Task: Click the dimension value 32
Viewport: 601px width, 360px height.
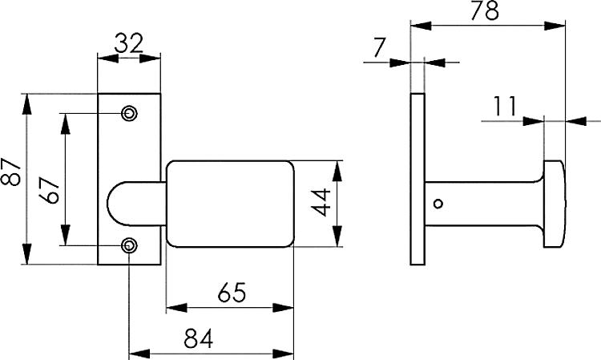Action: [x=129, y=43]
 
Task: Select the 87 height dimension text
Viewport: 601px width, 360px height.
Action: [x=10, y=172]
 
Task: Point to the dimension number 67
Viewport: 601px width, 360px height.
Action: [x=49, y=190]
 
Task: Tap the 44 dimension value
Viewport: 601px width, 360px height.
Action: [x=321, y=202]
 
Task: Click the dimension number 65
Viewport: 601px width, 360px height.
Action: [x=232, y=293]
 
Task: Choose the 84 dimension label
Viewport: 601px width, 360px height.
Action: [x=198, y=338]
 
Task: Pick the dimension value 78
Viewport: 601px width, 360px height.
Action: [x=485, y=10]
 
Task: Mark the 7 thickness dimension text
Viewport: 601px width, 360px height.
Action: [x=380, y=48]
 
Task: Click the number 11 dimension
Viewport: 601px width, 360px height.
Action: [x=505, y=106]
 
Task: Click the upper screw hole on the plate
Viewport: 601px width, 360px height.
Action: [x=130, y=114]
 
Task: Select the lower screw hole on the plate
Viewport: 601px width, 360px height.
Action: [x=130, y=245]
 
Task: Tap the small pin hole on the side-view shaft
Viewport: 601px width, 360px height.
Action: [x=438, y=204]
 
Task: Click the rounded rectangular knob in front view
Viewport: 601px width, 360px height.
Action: [x=230, y=204]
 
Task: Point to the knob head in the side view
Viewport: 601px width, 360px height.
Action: [x=555, y=204]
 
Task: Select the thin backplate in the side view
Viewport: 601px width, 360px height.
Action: [x=417, y=179]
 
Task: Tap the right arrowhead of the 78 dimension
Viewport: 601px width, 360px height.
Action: [x=555, y=26]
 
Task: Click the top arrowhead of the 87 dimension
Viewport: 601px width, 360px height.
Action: [x=26, y=104]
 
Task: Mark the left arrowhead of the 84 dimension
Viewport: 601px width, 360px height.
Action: [x=139, y=354]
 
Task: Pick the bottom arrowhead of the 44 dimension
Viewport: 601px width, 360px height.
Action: [x=337, y=237]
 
